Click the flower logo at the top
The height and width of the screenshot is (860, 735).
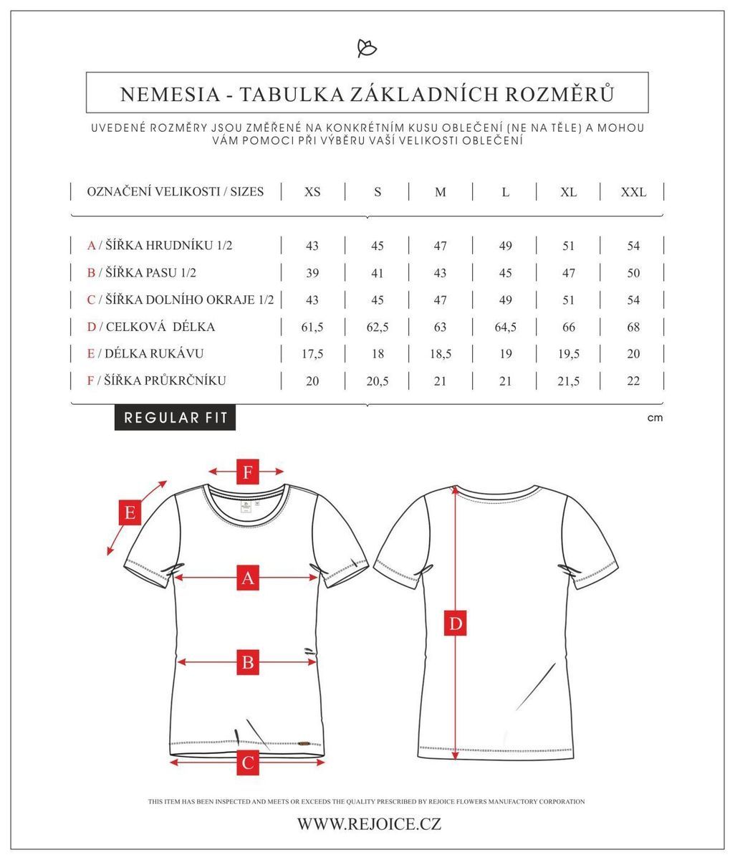point(367,48)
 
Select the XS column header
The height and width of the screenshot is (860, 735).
point(312,192)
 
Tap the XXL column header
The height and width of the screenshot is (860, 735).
point(633,192)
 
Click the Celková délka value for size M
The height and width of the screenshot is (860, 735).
point(440,327)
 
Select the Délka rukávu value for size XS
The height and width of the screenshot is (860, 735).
point(312,354)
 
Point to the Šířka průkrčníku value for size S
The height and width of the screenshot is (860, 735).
point(377,381)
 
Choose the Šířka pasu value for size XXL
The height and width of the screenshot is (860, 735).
point(633,273)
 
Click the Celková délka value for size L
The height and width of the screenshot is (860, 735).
point(505,327)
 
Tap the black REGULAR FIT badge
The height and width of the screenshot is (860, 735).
point(176,418)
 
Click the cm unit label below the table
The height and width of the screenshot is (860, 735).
point(655,418)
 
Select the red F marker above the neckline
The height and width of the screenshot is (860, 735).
point(248,472)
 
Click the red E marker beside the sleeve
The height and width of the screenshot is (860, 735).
point(130,512)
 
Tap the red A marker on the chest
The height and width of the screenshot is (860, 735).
point(248,577)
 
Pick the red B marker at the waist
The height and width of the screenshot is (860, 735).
point(248,662)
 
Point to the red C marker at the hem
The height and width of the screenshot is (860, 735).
point(248,762)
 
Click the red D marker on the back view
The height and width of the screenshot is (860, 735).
point(456,623)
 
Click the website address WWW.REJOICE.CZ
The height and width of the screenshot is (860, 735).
point(369,824)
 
